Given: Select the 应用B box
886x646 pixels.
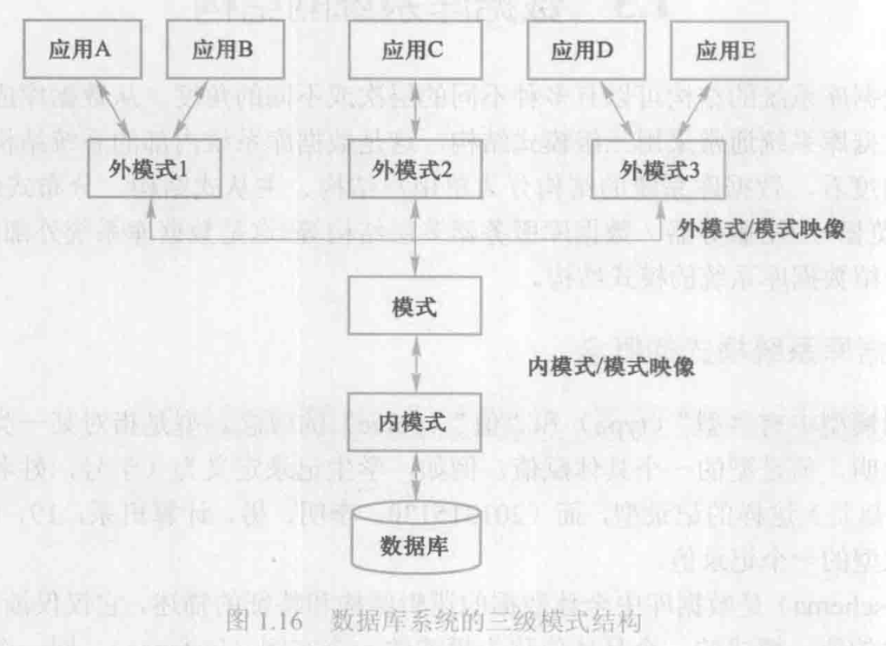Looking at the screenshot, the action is pyautogui.click(x=222, y=50).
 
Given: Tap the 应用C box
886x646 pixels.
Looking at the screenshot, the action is pyautogui.click(x=413, y=50).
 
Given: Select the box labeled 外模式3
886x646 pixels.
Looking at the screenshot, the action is pyautogui.click(x=654, y=168).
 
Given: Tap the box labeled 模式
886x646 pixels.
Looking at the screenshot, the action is pyautogui.click(x=413, y=307).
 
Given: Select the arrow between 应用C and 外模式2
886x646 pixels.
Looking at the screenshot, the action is pyautogui.click(x=413, y=109).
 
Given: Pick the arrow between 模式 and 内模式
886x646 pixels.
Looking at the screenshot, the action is pyautogui.click(x=414, y=365).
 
